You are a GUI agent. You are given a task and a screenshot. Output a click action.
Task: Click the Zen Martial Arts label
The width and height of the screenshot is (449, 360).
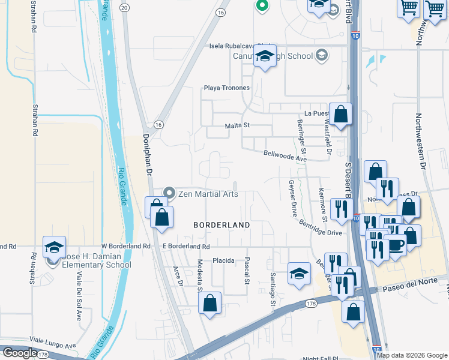pos(208,194)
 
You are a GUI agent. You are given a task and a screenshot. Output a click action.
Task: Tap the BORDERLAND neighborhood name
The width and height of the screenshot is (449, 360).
pos(221,224)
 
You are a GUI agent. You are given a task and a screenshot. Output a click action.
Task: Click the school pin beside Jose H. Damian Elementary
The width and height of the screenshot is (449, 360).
pos(54,248)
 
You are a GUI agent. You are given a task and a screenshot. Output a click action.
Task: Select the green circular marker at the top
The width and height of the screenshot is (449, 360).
pos(262,6)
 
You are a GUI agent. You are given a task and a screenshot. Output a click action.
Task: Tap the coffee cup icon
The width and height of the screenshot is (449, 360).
pos(395,245)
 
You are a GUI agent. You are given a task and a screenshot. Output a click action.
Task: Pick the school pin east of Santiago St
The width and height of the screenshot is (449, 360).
pos(298,273)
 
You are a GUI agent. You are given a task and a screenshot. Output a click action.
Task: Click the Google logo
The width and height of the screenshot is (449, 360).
pos(19,353)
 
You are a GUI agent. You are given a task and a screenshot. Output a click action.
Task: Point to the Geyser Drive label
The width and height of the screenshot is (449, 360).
pos(293,197)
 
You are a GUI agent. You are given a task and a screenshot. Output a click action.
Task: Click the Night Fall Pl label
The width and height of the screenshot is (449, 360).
pos(321,358)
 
